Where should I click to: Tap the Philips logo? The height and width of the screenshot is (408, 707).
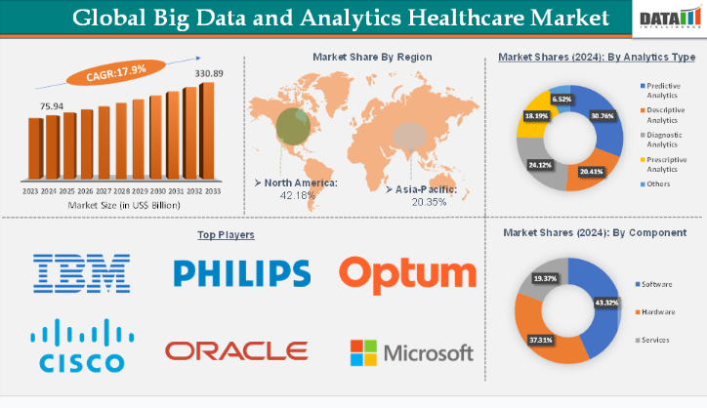241,273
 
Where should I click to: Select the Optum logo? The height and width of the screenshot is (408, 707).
407,273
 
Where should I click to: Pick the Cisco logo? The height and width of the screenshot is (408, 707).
82,347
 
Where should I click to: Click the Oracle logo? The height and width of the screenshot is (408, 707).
236,349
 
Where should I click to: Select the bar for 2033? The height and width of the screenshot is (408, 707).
206,128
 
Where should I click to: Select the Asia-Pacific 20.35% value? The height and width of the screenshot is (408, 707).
420,202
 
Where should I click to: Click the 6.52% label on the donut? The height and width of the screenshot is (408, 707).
561,100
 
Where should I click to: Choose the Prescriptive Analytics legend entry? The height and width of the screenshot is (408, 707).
667,164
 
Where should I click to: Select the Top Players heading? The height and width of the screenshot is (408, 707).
240,235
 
